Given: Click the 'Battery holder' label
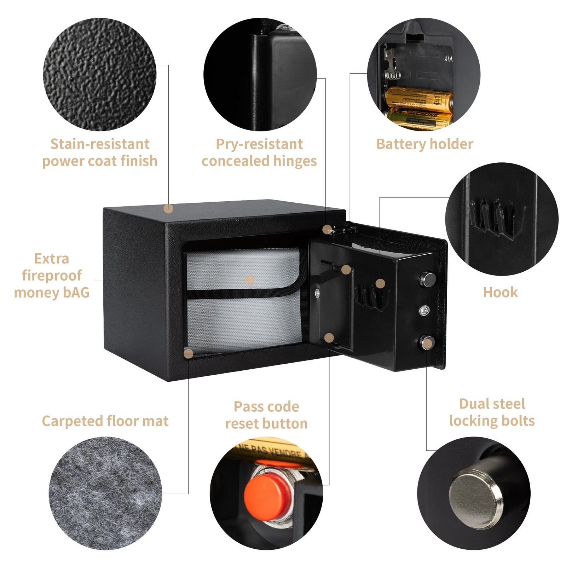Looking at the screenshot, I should [424, 144].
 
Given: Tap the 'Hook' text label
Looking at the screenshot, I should [500, 293].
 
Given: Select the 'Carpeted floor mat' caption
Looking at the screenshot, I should [105, 421].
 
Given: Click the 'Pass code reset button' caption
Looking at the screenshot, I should [266, 415].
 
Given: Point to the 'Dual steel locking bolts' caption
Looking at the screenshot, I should [492, 412].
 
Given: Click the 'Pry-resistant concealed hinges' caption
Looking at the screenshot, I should [259, 152].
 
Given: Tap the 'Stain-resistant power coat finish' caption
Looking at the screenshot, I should [100, 152].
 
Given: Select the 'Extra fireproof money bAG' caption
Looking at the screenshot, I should [52, 276].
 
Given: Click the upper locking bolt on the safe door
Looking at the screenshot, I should [427, 279].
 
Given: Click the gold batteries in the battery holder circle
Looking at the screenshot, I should [419, 106].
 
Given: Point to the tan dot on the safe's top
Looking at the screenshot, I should [169, 209].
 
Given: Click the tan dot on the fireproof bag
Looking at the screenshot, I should [250, 280].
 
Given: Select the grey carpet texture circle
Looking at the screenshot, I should [105, 493].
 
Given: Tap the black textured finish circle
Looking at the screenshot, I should [100, 74].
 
